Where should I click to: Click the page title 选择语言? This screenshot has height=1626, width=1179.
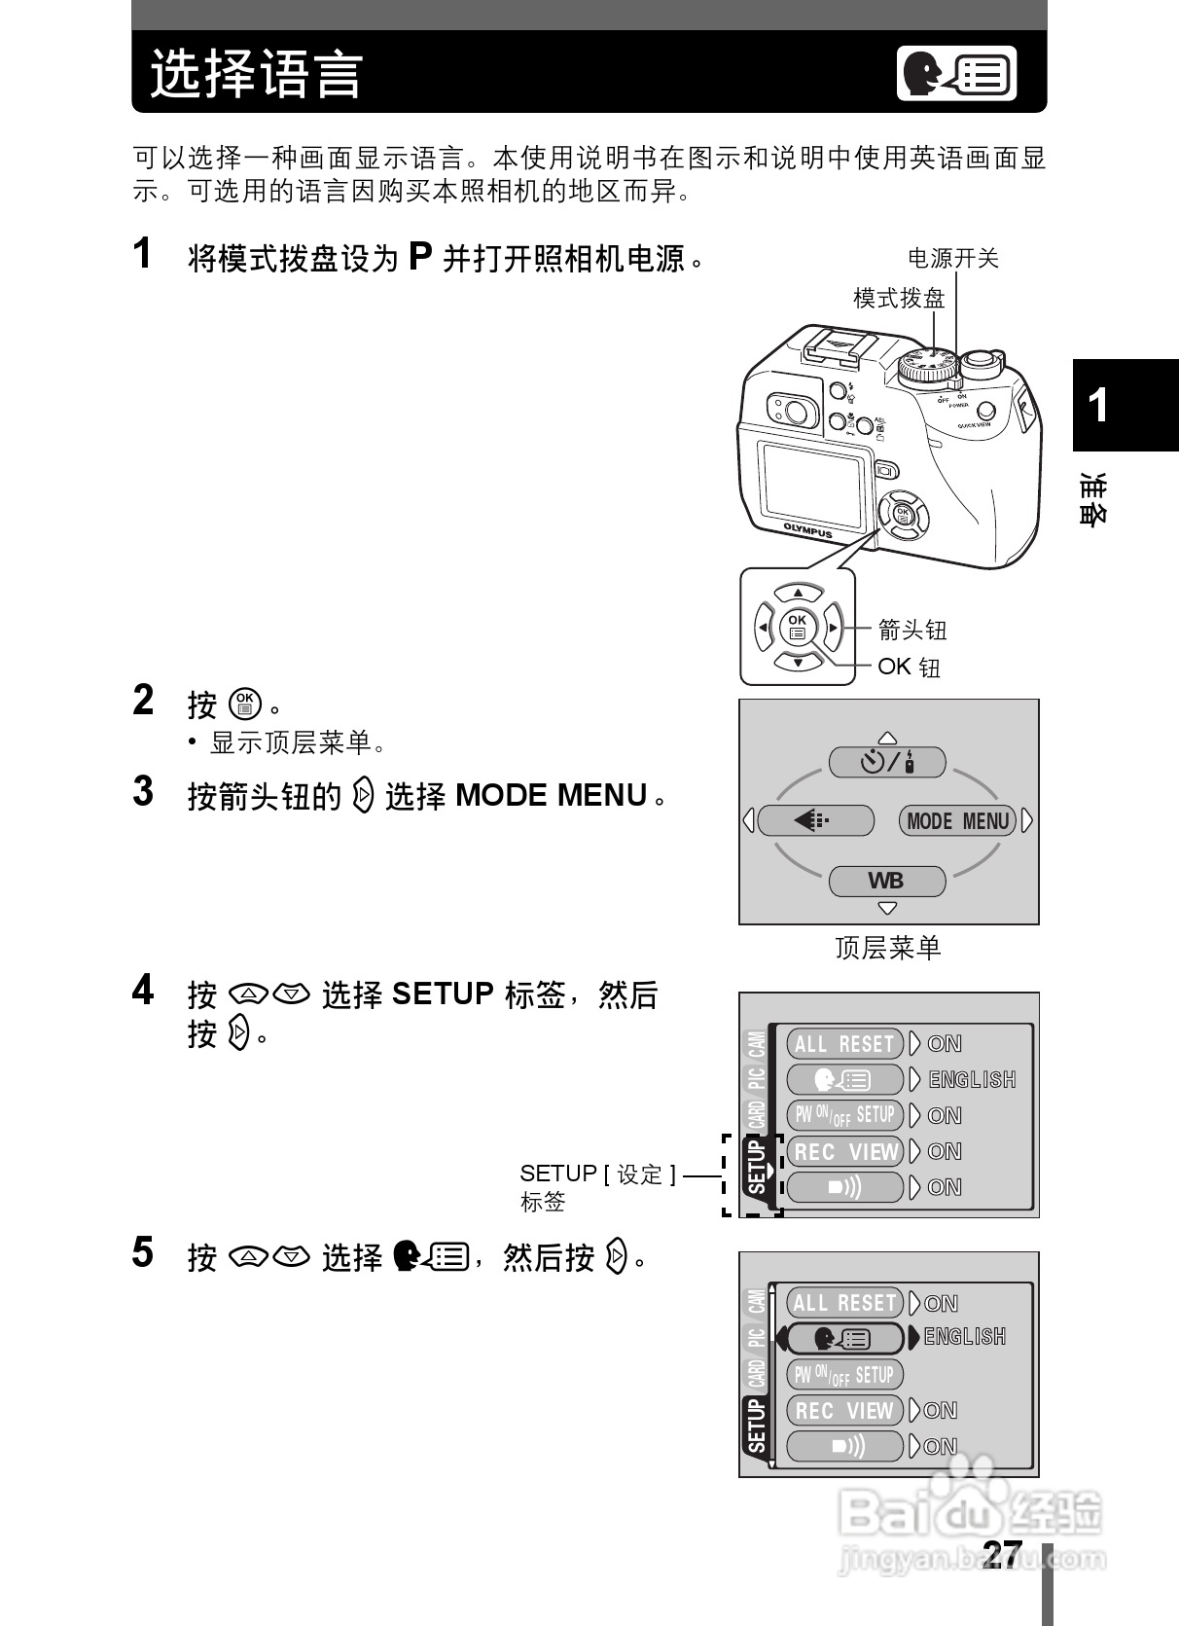[256, 74]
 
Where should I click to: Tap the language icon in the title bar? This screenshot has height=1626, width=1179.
[956, 74]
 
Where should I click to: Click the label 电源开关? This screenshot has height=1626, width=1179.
[952, 258]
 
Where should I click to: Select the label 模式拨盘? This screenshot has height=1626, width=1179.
[899, 298]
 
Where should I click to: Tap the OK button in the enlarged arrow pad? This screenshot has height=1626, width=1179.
[798, 627]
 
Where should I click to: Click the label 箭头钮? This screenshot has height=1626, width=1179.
[911, 631]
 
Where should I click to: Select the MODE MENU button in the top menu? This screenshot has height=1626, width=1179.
[957, 821]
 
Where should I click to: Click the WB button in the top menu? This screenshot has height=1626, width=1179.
[886, 882]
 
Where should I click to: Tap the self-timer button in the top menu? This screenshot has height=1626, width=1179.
[886, 762]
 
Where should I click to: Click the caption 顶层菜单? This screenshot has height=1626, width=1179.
[887, 948]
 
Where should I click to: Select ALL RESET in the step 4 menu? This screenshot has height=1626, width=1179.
[844, 1044]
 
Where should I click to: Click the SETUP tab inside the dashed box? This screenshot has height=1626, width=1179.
[757, 1169]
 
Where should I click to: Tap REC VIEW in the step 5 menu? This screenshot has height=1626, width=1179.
[844, 1411]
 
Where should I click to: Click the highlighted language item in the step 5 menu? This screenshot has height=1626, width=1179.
[844, 1339]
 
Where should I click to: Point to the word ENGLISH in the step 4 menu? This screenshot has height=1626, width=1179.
[972, 1080]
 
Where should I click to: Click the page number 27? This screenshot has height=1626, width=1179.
[1002, 1553]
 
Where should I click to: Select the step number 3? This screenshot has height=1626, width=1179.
[143, 792]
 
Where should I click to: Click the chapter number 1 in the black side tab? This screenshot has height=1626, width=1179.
[1098, 406]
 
